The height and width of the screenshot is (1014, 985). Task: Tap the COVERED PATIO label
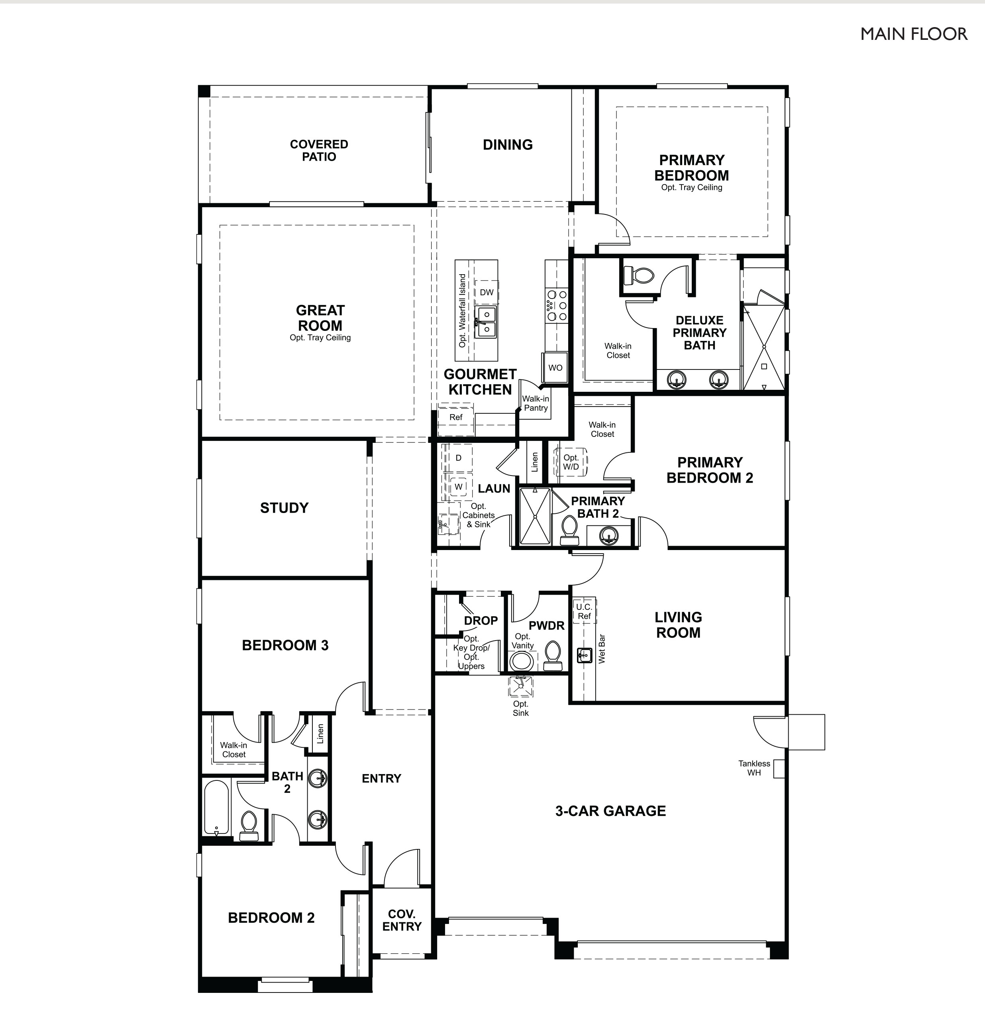tap(319, 151)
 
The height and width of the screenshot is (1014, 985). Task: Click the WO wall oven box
tap(555, 367)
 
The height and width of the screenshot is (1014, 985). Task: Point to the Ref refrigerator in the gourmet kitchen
tap(456, 417)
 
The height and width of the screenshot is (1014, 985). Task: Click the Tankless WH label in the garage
tap(754, 768)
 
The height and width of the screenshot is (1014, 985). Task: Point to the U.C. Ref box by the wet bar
tap(584, 611)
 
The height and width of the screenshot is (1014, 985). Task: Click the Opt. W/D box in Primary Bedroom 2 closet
tap(571, 462)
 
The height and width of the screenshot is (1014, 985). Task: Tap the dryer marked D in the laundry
tap(458, 458)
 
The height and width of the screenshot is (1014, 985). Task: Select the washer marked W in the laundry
tap(458, 487)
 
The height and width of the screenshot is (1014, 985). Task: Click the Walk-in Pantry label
tap(536, 403)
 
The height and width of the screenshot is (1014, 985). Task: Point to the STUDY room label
tap(284, 508)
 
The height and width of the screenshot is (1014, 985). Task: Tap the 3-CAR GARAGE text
tap(610, 811)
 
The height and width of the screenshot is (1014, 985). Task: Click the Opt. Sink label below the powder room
tap(520, 708)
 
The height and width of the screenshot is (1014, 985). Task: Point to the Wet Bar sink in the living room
tap(584, 655)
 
